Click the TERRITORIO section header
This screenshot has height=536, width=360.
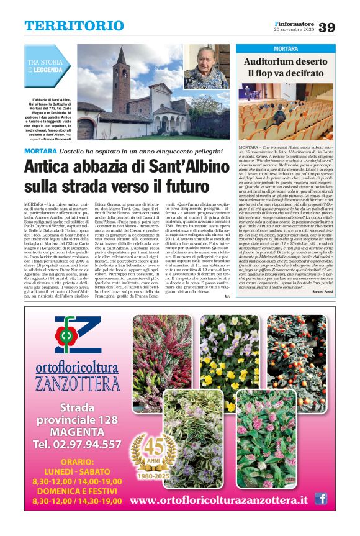point(74,25)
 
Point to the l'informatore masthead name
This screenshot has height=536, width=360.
point(294,22)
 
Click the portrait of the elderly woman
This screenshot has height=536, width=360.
point(207,66)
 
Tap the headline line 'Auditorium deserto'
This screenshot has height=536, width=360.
point(285,62)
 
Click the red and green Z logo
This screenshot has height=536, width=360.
point(77,335)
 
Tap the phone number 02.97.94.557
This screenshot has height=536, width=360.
point(77,444)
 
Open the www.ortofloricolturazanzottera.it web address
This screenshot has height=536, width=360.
point(220,501)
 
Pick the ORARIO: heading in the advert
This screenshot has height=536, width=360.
point(77,461)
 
